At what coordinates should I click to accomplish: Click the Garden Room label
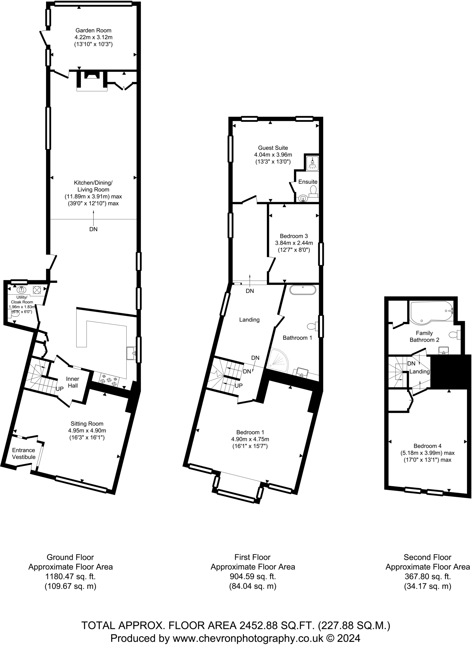93,31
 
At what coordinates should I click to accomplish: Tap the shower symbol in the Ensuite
312,163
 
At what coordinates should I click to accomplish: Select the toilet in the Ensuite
313,190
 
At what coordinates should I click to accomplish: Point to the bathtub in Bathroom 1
302,290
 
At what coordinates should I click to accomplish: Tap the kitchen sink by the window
131,353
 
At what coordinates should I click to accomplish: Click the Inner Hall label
73,382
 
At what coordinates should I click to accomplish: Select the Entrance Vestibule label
24,454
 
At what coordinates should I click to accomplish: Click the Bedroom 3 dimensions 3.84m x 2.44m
294,243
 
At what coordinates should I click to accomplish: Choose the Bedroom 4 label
428,446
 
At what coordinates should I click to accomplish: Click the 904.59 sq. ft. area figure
253,577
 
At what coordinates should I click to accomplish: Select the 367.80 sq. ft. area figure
428,577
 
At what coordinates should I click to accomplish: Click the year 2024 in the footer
348,638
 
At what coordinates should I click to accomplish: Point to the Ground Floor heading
70,557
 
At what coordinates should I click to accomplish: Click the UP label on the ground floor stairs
60,389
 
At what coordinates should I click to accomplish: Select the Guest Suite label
273,148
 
